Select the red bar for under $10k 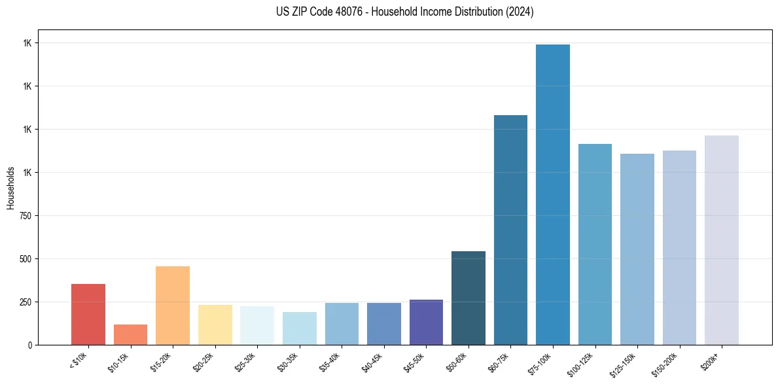pyautogui.click(x=88, y=314)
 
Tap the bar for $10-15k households pyautogui.click(x=130, y=334)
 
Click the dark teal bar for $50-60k pyautogui.click(x=469, y=298)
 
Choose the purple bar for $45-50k pyautogui.click(x=426, y=322)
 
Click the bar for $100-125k pyautogui.click(x=595, y=244)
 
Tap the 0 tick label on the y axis pyautogui.click(x=29, y=345)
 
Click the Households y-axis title pyautogui.click(x=10, y=188)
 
